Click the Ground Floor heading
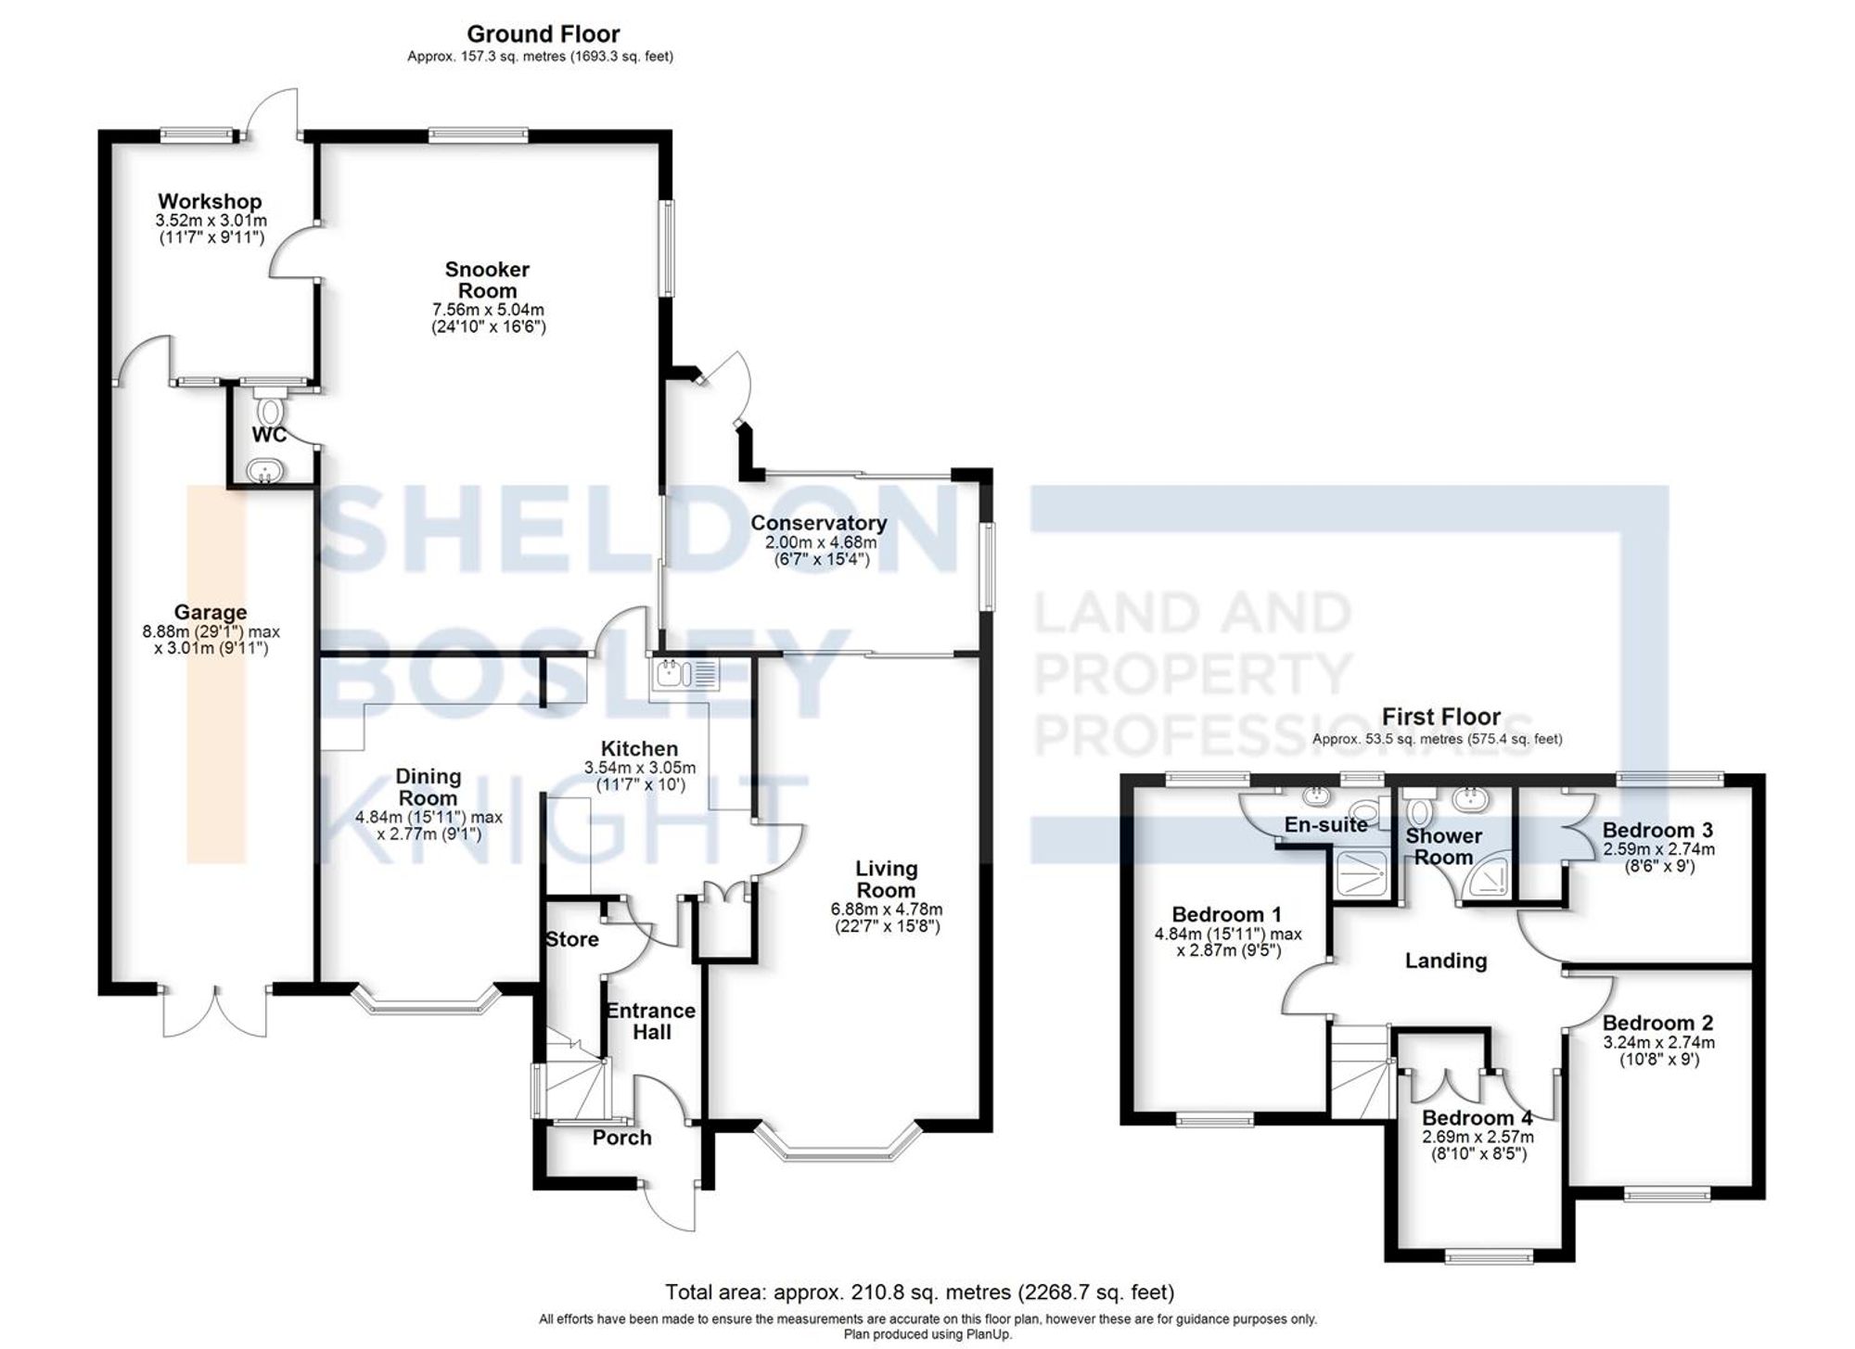point(543,34)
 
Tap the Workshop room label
point(210,201)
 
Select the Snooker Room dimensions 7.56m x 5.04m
point(488,310)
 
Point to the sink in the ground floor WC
point(266,471)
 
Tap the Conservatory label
point(818,523)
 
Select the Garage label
point(211,612)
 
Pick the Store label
point(571,939)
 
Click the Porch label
point(621,1138)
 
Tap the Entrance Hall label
point(651,1021)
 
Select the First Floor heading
point(1440,717)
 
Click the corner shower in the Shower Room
point(1488,880)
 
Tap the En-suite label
point(1325,824)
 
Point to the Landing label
point(1445,961)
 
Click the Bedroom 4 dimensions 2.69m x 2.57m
point(1478,1137)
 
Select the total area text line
point(919,1292)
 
